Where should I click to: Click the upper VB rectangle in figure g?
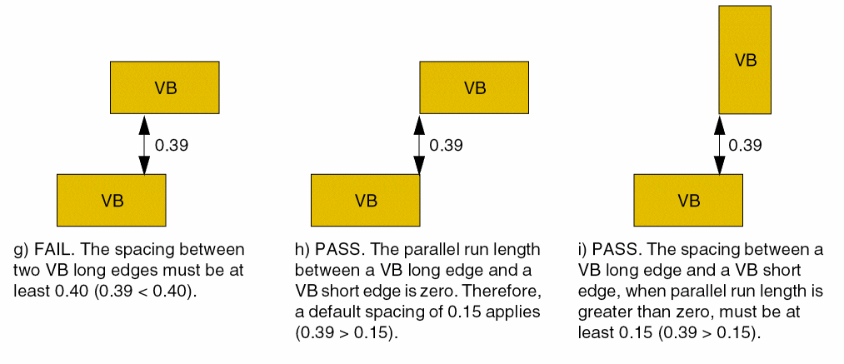point(165,87)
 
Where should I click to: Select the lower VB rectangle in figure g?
point(111,200)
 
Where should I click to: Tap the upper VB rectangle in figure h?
point(473,87)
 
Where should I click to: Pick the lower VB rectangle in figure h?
point(365,200)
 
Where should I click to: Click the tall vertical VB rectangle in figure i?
point(745,60)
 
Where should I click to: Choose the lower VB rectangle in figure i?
point(688,200)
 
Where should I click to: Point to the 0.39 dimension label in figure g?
point(172,145)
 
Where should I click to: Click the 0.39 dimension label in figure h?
point(446,145)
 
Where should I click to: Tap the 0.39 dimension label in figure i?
point(745,145)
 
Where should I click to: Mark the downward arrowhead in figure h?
point(418,164)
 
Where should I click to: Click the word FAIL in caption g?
point(51,250)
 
